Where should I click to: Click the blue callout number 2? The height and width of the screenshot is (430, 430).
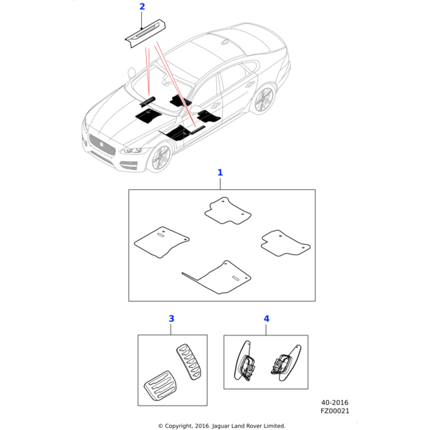click(142, 6)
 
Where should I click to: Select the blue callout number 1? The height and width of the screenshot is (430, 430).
click(220, 173)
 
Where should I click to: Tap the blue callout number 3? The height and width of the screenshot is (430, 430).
click(171, 319)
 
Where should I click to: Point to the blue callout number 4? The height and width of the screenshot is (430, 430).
click(267, 319)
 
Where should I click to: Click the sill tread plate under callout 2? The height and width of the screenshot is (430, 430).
click(146, 34)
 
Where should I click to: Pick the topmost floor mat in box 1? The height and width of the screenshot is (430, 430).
click(228, 211)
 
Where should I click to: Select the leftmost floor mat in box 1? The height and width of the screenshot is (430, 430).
click(161, 242)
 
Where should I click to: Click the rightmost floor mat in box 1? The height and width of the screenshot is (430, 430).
click(285, 243)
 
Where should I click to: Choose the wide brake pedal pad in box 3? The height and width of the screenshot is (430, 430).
click(160, 386)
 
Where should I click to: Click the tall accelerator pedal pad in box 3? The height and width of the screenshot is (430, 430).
click(188, 362)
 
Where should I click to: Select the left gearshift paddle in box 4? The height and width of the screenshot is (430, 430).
click(244, 361)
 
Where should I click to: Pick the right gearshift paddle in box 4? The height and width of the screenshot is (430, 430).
click(286, 363)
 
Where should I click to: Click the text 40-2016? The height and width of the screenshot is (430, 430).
click(335, 403)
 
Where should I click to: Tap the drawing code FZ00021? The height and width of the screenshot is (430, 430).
click(335, 411)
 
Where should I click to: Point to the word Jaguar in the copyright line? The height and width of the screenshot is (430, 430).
click(221, 426)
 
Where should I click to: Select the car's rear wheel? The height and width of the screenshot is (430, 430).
click(264, 100)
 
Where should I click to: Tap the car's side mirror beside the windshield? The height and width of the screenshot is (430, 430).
click(132, 72)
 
